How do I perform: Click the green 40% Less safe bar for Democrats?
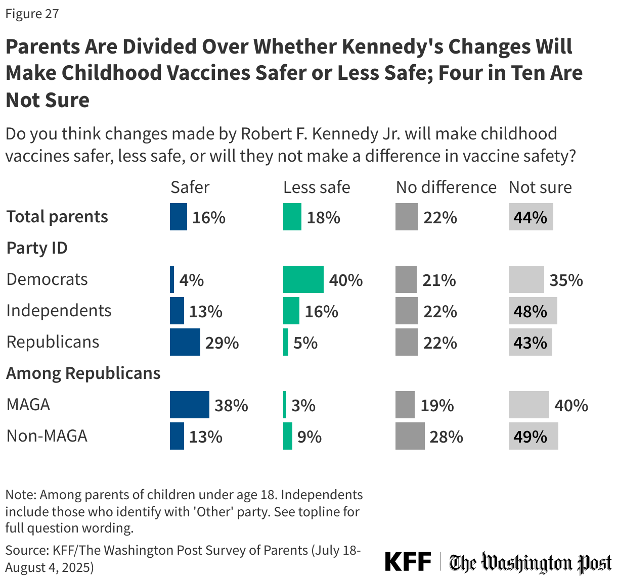pyautogui.click(x=303, y=279)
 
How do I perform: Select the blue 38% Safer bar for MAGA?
pyautogui.click(x=189, y=405)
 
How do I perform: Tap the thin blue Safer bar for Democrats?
pyautogui.click(x=172, y=279)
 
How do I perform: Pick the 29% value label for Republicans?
pyautogui.click(x=222, y=343)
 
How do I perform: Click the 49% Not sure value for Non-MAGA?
pyautogui.click(x=530, y=437)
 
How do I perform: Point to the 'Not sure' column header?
pyautogui.click(x=540, y=187)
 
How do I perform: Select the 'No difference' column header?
pyautogui.click(x=446, y=187)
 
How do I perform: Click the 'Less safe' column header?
pyautogui.click(x=316, y=187)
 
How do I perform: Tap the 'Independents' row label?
pyautogui.click(x=59, y=310)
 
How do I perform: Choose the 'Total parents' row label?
pyautogui.click(x=57, y=216)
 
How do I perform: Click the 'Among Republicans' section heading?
pyautogui.click(x=83, y=373)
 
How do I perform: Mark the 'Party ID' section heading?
pyautogui.click(x=36, y=248)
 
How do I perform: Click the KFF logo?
pyautogui.click(x=408, y=561)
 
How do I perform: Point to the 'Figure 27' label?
pyautogui.click(x=32, y=14)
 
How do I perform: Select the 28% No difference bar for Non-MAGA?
pyautogui.click(x=410, y=436)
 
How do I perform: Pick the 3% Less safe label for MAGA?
pyautogui.click(x=303, y=405)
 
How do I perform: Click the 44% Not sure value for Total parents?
pyautogui.click(x=530, y=217)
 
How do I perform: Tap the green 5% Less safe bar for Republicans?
pyautogui.click(x=286, y=342)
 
